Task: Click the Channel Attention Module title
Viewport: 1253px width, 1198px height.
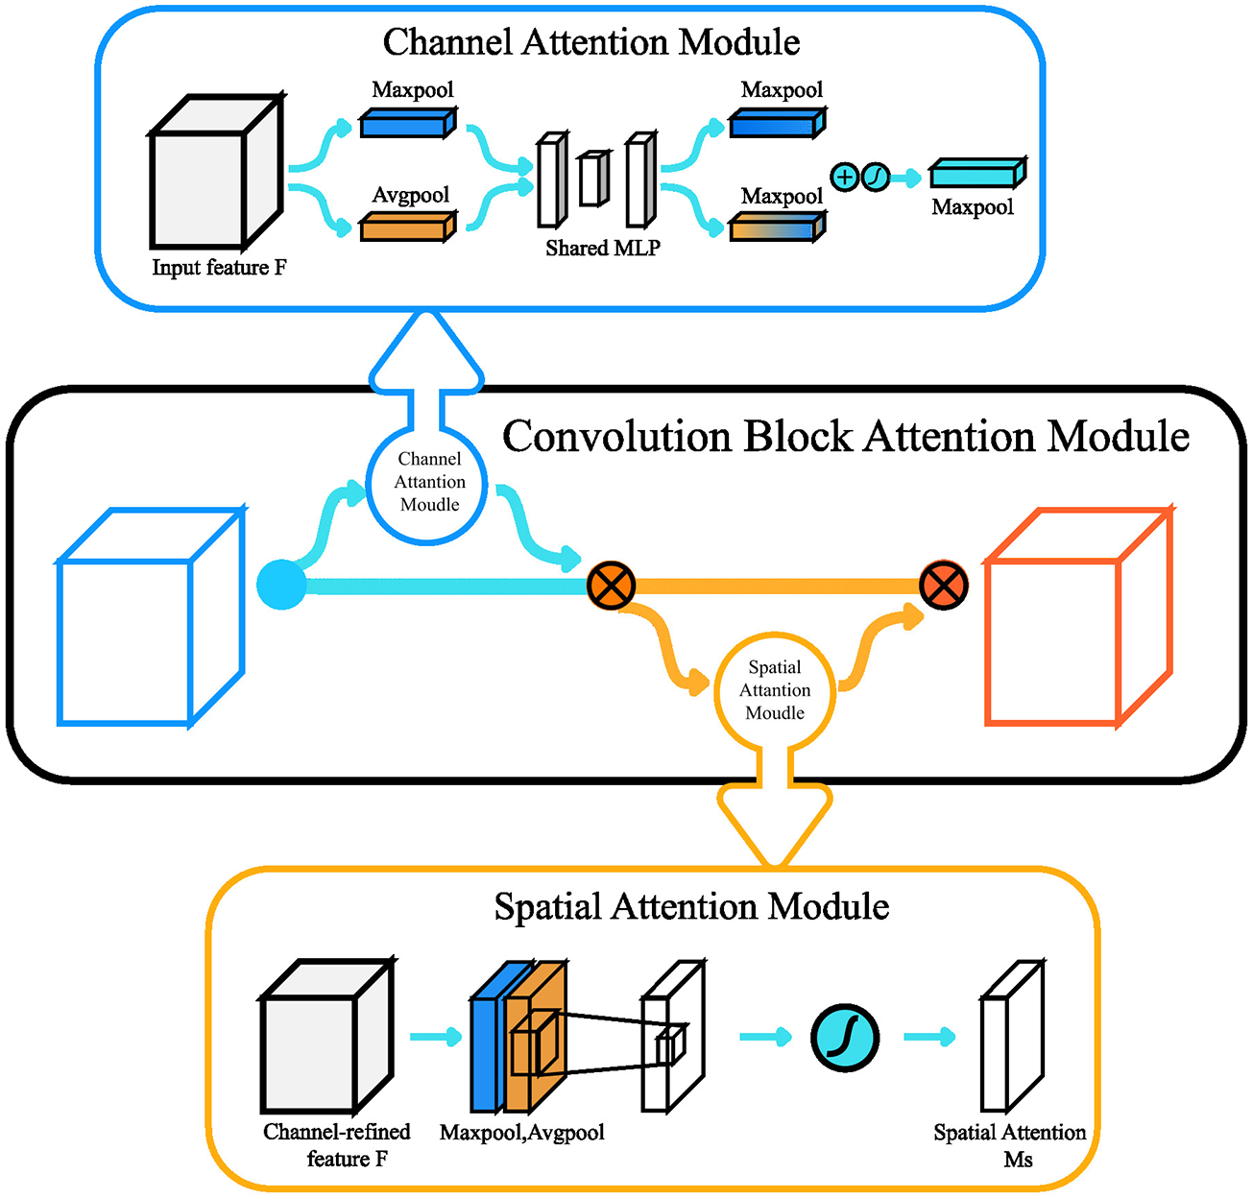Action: pyautogui.click(x=591, y=42)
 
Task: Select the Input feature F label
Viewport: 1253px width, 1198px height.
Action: pyautogui.click(x=219, y=268)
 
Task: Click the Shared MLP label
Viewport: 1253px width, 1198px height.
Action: pyautogui.click(x=603, y=249)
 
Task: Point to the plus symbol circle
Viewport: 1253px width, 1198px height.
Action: pyautogui.click(x=844, y=177)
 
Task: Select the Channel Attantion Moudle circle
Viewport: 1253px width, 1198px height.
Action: pyautogui.click(x=429, y=482)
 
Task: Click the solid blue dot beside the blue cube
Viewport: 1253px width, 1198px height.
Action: pyautogui.click(x=281, y=586)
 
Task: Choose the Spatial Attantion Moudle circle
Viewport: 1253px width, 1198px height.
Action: pyautogui.click(x=775, y=690)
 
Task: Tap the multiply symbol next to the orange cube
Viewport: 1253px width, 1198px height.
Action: pyautogui.click(x=944, y=586)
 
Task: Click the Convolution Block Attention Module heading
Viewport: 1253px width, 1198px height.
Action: pyautogui.click(x=846, y=437)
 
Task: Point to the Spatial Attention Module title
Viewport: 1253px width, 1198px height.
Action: pyautogui.click(x=691, y=907)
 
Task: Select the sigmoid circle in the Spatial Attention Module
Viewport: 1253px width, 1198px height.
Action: pyautogui.click(x=845, y=1037)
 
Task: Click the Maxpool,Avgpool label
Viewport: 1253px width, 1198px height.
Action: pyautogui.click(x=522, y=1133)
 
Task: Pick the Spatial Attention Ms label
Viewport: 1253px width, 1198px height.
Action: pyautogui.click(x=1010, y=1145)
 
